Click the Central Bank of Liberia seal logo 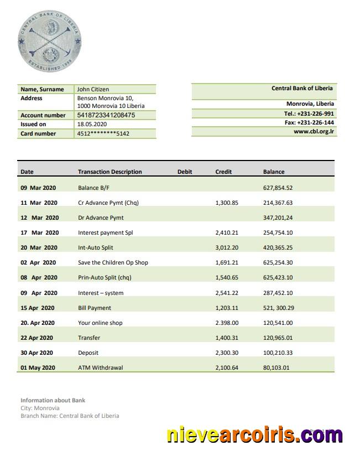pyautogui.click(x=49, y=42)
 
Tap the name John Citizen pyautogui.click(x=93, y=89)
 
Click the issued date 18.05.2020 pyautogui.click(x=92, y=125)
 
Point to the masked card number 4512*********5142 pyautogui.click(x=103, y=133)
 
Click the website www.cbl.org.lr pyautogui.click(x=314, y=132)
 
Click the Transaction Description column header pyautogui.click(x=109, y=172)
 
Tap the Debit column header pyautogui.click(x=185, y=172)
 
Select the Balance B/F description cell pyautogui.click(x=90, y=188)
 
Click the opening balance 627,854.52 pyautogui.click(x=278, y=188)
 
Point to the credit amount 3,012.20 pyautogui.click(x=227, y=247)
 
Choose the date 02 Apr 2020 pyautogui.click(x=39, y=262)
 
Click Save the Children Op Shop pyautogui.click(x=113, y=262)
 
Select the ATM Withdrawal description pyautogui.click(x=100, y=367)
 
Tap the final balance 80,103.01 pyautogui.click(x=276, y=367)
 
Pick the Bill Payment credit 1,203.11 pyautogui.click(x=227, y=308)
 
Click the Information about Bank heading pyautogui.click(x=53, y=400)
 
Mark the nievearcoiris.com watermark pyautogui.click(x=254, y=435)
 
